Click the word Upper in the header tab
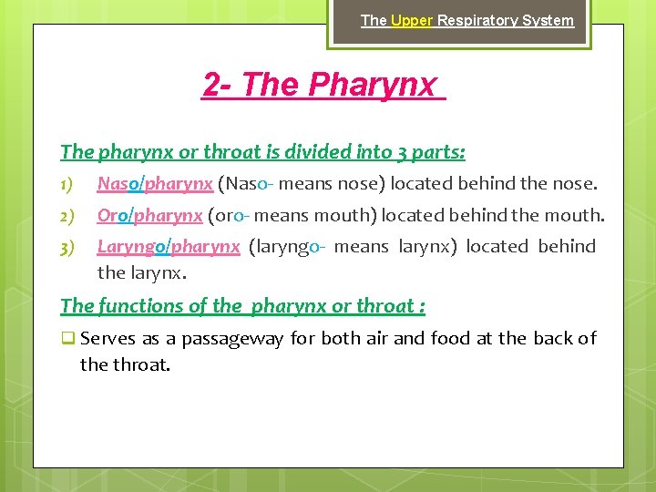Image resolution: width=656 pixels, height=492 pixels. pyautogui.click(x=412, y=20)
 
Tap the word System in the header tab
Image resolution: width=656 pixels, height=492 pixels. pyautogui.click(x=550, y=20)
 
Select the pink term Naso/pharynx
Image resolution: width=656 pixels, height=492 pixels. pyautogui.click(x=155, y=184)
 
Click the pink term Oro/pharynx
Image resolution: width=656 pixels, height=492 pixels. pyautogui.click(x=149, y=216)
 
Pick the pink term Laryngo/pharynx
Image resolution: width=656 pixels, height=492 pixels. pyautogui.click(x=169, y=246)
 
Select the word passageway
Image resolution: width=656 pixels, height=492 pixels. pyautogui.click(x=232, y=339)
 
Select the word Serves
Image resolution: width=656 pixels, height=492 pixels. pyautogui.click(x=108, y=339)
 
